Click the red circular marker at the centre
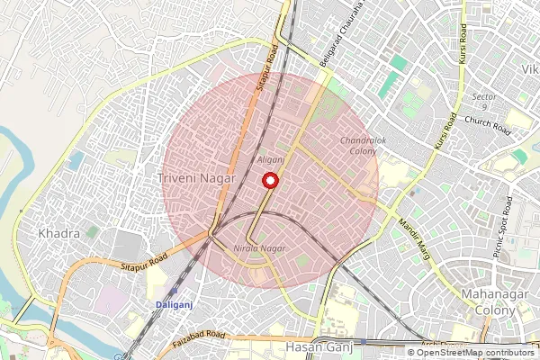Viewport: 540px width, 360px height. coord(268,180)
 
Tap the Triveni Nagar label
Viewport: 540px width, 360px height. coord(196,178)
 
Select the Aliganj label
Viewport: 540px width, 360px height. coord(271,159)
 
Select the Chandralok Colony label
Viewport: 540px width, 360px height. coord(359,146)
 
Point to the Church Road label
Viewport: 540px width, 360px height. coord(487,125)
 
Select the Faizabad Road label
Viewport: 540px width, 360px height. coord(200,337)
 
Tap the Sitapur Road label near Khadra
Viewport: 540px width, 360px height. coord(144,264)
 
